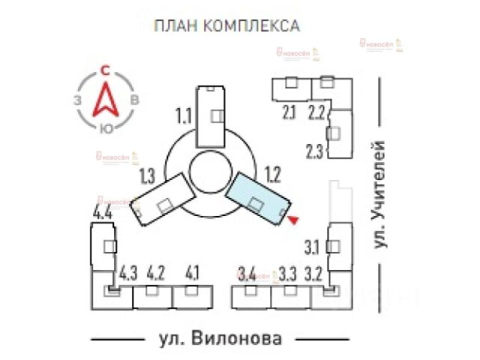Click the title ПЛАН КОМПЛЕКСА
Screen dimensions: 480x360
[x=226, y=26]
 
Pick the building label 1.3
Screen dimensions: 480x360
[x=147, y=177]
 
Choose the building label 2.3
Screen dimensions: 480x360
[x=315, y=150]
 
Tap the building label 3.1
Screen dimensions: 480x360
[x=312, y=246]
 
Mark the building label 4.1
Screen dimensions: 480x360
[x=192, y=272]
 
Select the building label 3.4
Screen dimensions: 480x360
[x=246, y=272]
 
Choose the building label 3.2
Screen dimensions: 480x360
[x=314, y=272]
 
